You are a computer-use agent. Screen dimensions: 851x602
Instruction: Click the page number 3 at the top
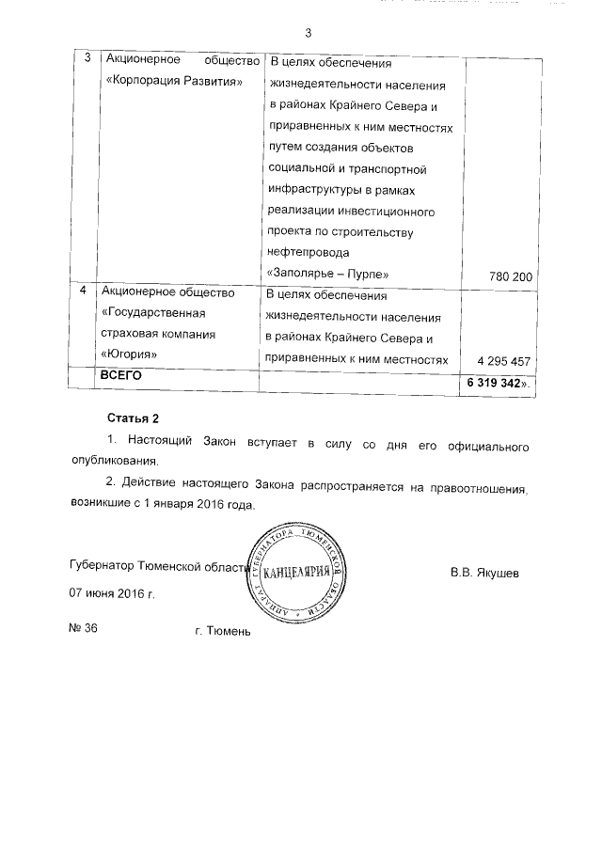[308, 34]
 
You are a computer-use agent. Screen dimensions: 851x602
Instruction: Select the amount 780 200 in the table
[512, 276]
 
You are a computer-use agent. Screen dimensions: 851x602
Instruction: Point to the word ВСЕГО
[120, 375]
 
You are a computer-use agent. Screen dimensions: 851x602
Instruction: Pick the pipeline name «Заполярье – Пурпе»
[328, 274]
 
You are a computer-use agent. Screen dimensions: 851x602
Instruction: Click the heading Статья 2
[130, 418]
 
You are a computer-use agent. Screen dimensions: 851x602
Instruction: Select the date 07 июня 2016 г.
[111, 595]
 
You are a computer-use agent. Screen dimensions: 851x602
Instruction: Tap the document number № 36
[84, 629]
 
